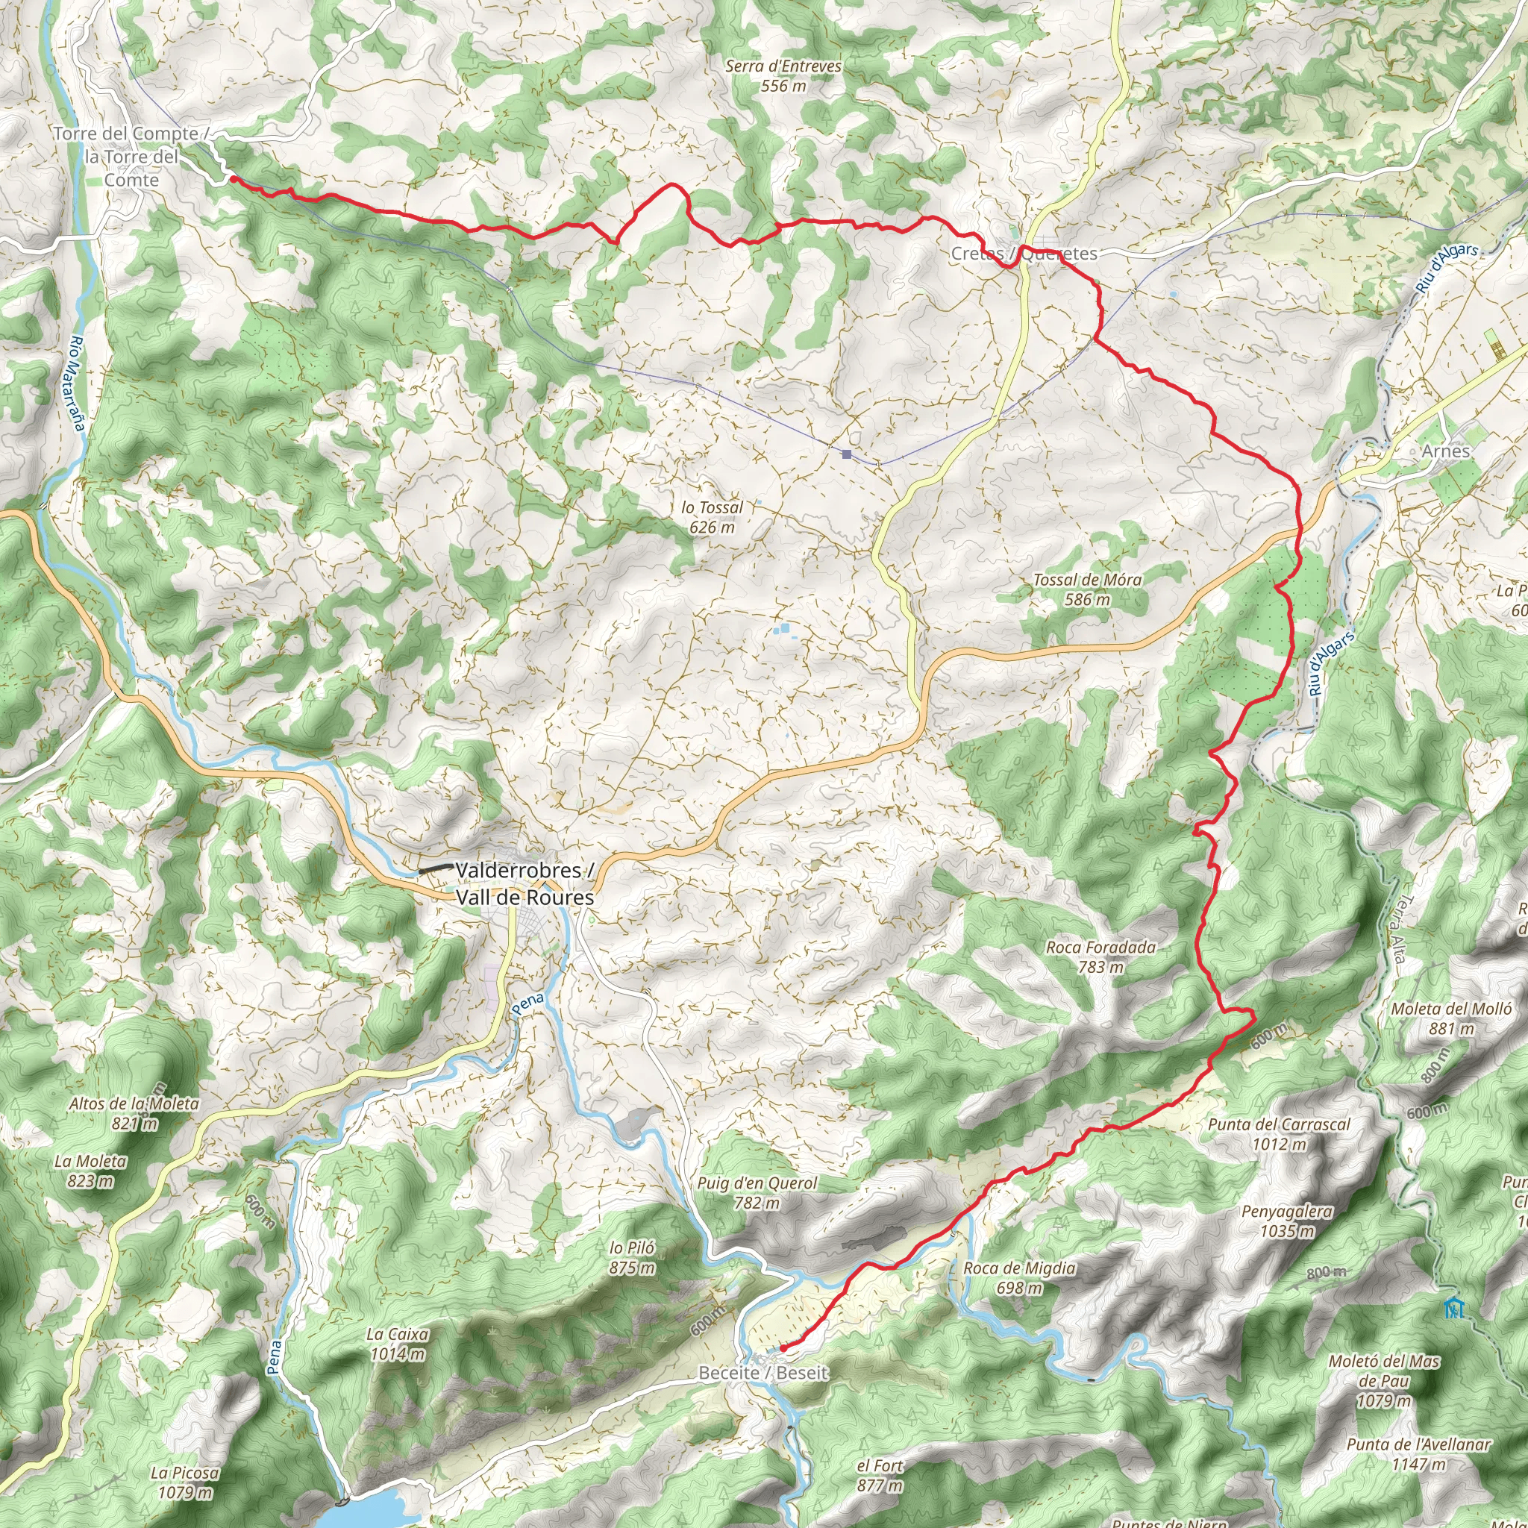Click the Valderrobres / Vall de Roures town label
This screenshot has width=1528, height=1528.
coord(525,883)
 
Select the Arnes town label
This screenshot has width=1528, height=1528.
coord(1445,451)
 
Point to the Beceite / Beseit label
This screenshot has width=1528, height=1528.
coord(763,1372)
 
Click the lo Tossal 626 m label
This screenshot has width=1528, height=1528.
coord(712,517)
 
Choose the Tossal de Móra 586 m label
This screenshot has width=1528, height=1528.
coord(1088,590)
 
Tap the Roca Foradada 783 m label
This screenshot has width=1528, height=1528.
coord(1100,956)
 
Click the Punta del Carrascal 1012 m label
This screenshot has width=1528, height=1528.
coord(1279,1133)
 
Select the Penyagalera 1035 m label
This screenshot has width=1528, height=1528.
coord(1287,1221)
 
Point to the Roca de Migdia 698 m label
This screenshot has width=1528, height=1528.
coord(1019,1277)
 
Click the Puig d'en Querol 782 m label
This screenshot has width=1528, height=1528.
coord(757,1193)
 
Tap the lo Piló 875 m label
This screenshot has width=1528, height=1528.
coord(632,1257)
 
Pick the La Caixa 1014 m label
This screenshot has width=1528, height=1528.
coord(398,1344)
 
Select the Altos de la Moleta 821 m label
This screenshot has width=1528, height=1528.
coord(134,1112)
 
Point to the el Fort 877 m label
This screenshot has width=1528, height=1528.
coord(880,1476)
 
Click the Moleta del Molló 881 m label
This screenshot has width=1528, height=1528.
coord(1451,1018)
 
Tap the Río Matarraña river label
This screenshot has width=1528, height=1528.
coord(77,383)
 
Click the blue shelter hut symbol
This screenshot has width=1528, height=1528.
coord(1451,1308)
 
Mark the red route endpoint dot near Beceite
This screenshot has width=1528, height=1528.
coord(782,1348)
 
